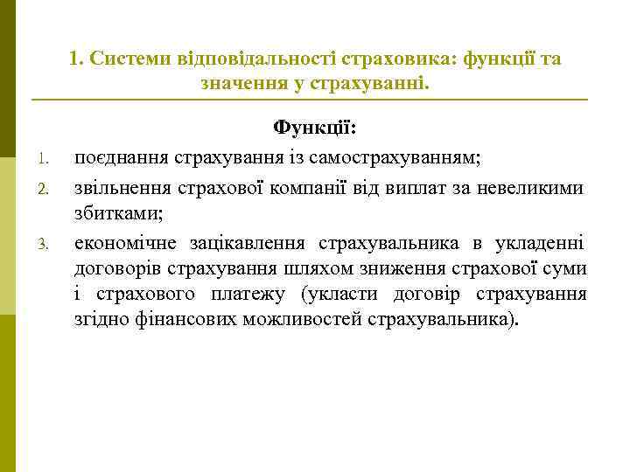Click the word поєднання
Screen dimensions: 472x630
point(121,157)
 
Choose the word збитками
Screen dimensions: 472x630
point(117,212)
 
